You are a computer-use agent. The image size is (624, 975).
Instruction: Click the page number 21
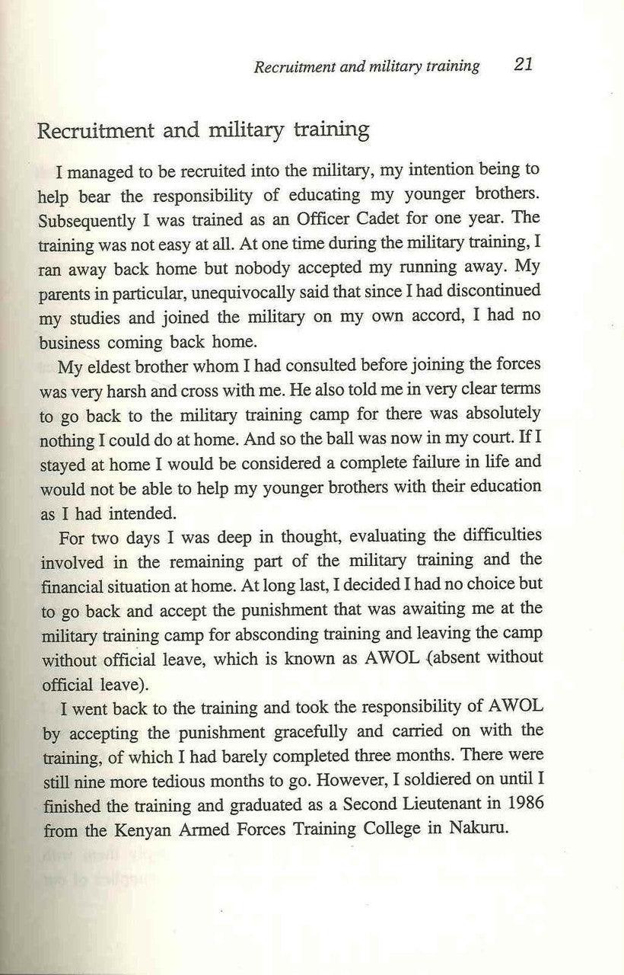pyautogui.click(x=523, y=64)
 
